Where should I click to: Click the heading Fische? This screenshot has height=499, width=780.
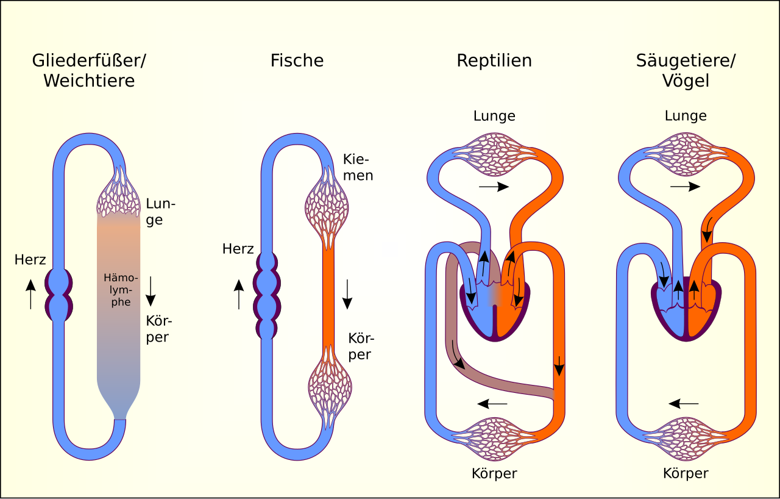(297, 60)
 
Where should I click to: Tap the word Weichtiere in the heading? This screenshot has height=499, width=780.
(89, 81)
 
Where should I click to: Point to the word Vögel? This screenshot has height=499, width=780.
(686, 81)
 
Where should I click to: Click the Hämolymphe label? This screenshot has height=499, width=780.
(121, 290)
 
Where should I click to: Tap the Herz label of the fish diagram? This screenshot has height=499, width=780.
(238, 249)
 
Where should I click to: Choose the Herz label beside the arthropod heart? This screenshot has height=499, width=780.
(30, 260)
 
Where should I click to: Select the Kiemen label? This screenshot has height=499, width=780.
(358, 167)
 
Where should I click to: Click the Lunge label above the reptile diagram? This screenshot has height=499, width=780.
(494, 116)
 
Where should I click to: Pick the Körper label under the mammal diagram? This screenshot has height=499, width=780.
(686, 473)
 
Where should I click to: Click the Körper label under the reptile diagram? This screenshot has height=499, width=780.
(494, 473)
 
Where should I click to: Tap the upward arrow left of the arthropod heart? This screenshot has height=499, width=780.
(30, 294)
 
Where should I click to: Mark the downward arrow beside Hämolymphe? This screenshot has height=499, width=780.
(151, 292)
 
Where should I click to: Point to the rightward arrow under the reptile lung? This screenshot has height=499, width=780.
(494, 187)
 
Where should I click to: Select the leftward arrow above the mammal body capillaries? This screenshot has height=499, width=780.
(684, 404)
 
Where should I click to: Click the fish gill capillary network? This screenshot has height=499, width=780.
(327, 209)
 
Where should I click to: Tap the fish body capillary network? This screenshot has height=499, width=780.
(330, 387)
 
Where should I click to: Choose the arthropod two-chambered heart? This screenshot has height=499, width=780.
(59, 295)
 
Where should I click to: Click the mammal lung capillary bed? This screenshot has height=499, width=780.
(686, 154)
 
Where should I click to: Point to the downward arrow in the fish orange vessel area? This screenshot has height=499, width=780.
(347, 294)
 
